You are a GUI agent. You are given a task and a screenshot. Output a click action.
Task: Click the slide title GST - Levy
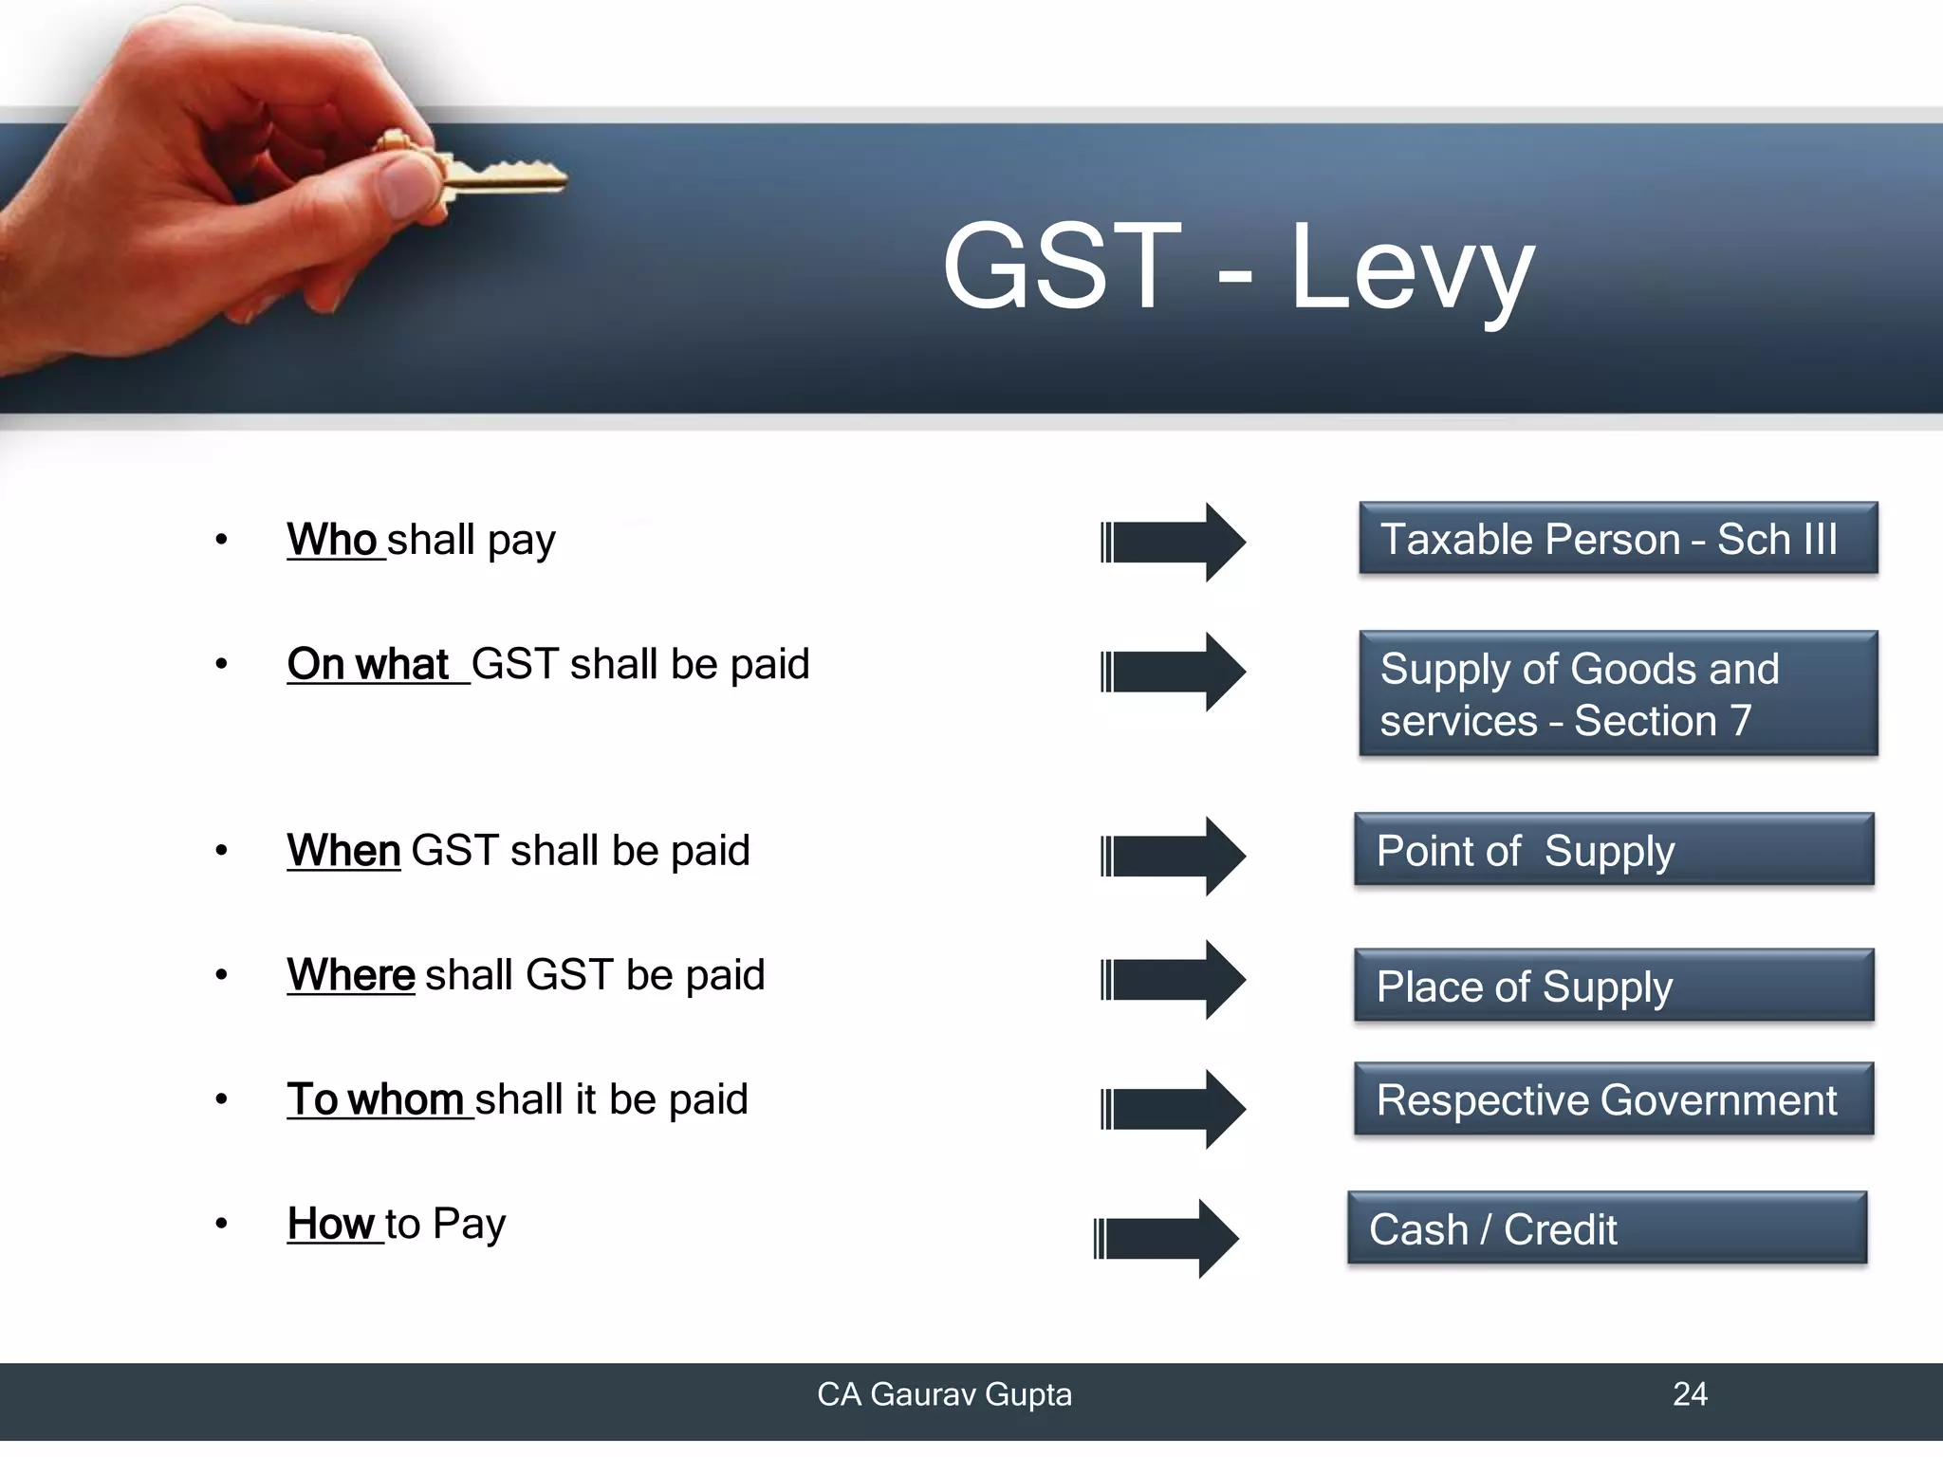coord(1237,267)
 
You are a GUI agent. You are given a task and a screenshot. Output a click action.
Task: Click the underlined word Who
coord(333,540)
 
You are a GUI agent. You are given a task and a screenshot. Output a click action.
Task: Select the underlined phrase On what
coord(369,664)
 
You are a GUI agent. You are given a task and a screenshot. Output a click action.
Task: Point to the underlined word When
coord(343,850)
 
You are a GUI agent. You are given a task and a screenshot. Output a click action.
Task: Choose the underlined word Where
coord(351,974)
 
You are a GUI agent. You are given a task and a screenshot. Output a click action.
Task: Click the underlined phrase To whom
coord(376,1099)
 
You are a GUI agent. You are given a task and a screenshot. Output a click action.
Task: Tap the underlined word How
coord(332,1224)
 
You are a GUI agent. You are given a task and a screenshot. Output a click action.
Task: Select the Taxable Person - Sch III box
coord(1618,539)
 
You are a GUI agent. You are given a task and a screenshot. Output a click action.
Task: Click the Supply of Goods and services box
coord(1618,693)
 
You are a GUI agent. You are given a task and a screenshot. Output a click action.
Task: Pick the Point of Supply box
coord(1614,850)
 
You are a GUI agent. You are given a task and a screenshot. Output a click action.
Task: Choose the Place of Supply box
coord(1614,986)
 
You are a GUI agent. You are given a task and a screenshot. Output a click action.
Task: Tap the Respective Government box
coord(1614,1099)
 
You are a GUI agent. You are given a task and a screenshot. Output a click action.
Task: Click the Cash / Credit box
coord(1607,1228)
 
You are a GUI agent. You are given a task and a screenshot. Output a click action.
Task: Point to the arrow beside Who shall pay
coord(1173,543)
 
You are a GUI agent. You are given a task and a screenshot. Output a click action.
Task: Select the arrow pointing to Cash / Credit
coord(1166,1239)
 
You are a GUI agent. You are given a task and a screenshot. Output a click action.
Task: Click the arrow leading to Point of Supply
coord(1173,856)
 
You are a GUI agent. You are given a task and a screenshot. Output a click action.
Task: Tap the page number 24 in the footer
coord(1690,1394)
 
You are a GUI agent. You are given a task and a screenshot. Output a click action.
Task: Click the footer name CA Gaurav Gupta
coord(944,1394)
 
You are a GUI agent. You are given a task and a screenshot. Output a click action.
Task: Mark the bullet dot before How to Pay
coord(221,1224)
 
